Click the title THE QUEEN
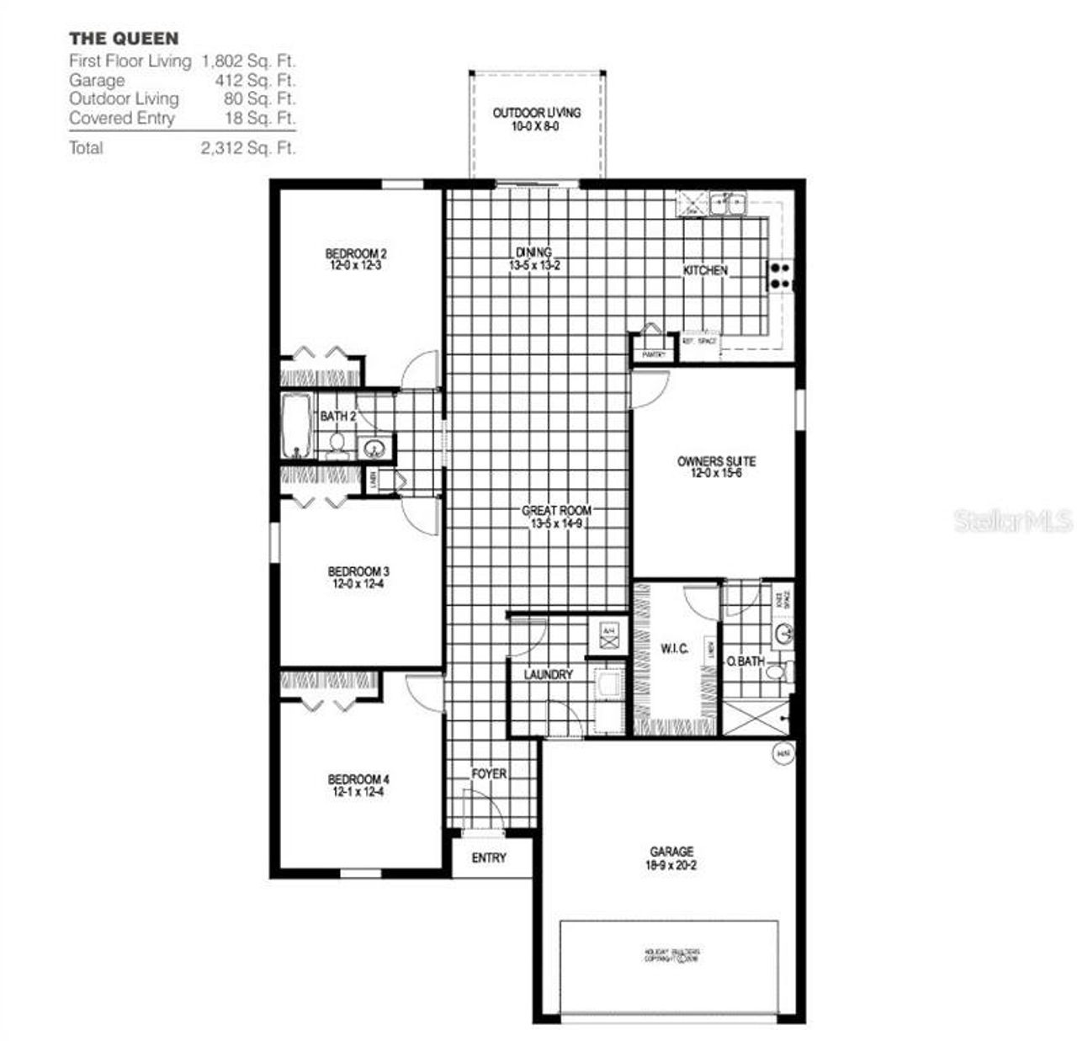point(124,38)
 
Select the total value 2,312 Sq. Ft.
point(248,148)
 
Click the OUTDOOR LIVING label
point(536,113)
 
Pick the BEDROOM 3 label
point(358,572)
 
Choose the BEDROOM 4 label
point(358,779)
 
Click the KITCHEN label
point(705,270)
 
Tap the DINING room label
point(534,252)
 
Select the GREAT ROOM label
point(556,511)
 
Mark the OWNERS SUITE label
point(716,461)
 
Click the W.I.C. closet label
point(674,648)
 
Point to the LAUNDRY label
point(548,674)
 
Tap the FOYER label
point(489,773)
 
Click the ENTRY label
point(489,858)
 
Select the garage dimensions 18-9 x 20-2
point(671,864)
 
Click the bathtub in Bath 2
point(296,425)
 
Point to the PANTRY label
point(654,355)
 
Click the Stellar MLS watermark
point(1013,521)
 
